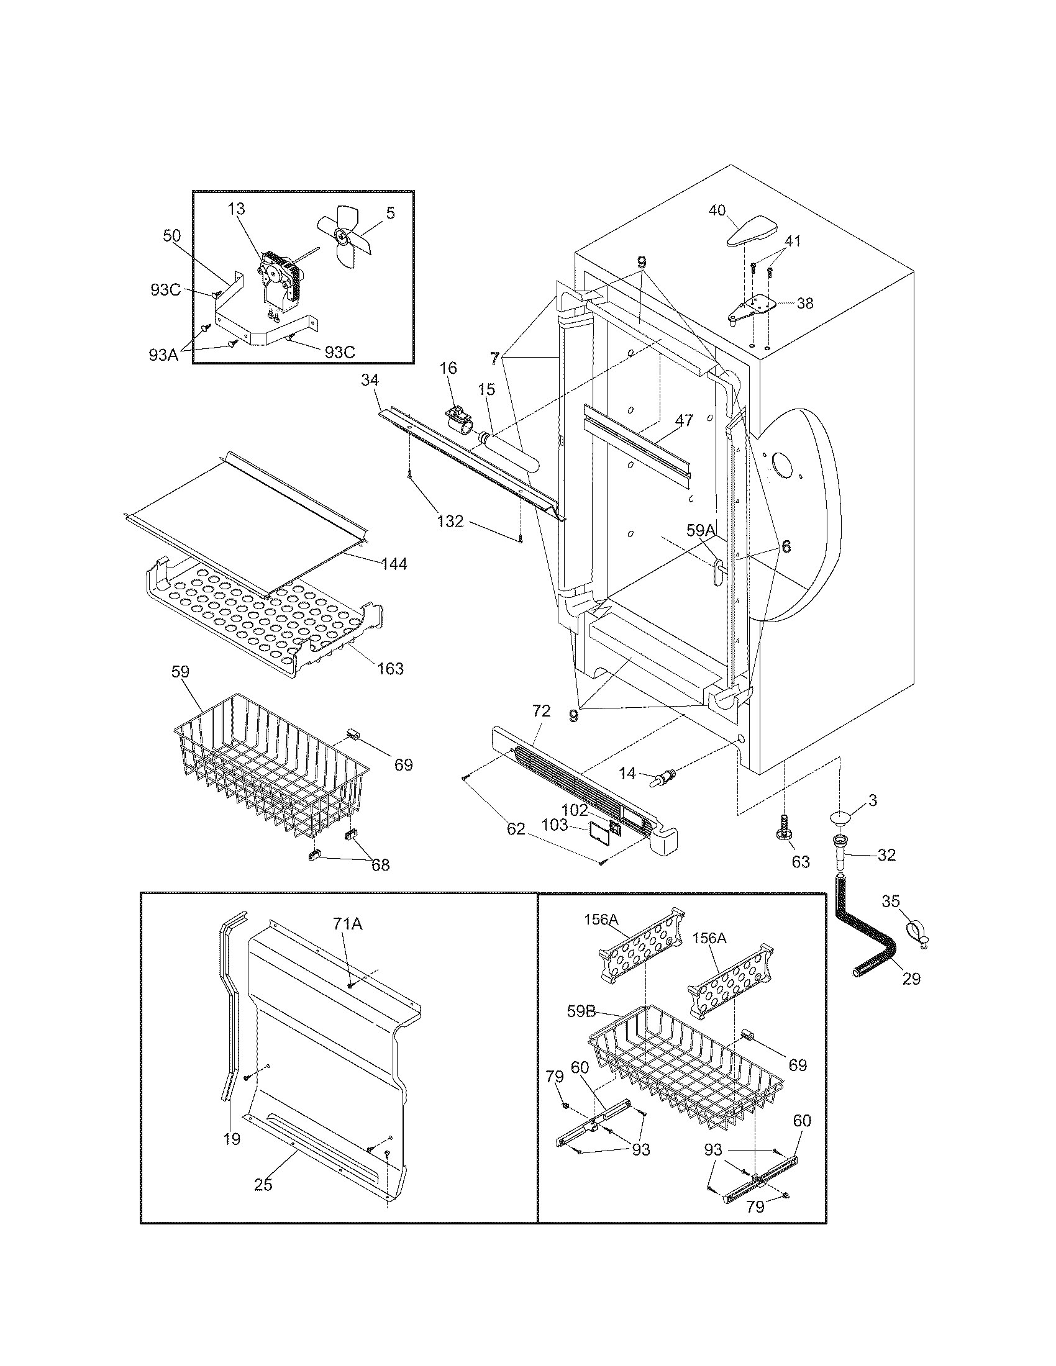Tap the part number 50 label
point(171,236)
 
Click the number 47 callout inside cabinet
point(684,420)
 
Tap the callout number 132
point(450,520)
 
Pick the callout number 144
point(394,564)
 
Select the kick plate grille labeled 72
point(582,779)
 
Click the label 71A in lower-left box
point(348,923)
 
